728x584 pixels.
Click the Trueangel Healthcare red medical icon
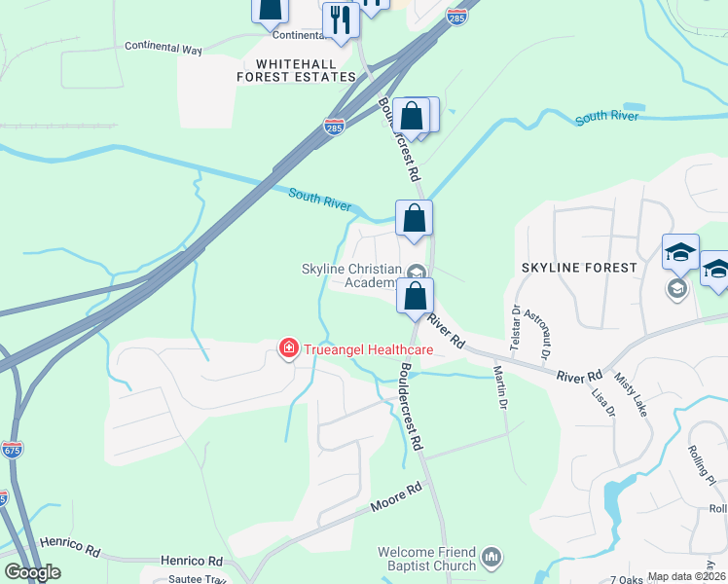pyautogui.click(x=288, y=347)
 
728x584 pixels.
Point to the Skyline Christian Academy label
pyautogui.click(x=362, y=275)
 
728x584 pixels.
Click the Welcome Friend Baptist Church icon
pyautogui.click(x=492, y=558)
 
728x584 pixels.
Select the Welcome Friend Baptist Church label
pyautogui.click(x=426, y=559)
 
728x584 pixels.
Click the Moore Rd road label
pyautogui.click(x=395, y=497)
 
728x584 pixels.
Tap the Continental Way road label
pyautogui.click(x=170, y=46)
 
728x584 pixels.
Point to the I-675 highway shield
pyautogui.click(x=12, y=449)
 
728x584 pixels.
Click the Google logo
pyautogui.click(x=32, y=572)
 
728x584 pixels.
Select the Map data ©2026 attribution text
pyautogui.click(x=687, y=576)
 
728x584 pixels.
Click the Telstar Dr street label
pyautogui.click(x=515, y=325)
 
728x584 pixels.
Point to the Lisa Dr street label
pyautogui.click(x=603, y=403)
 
